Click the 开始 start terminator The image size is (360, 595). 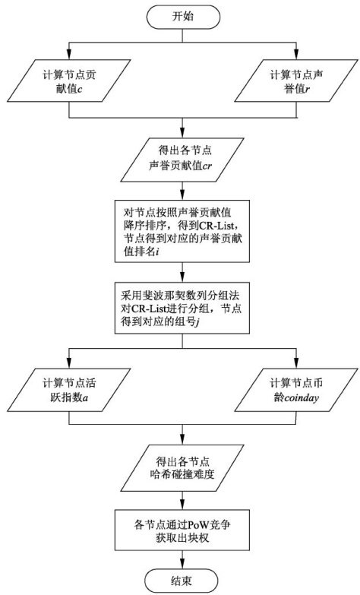[182, 17]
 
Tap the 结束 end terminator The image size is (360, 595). [182, 581]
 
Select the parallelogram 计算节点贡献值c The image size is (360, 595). [69, 81]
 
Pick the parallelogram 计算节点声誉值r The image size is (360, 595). [296, 81]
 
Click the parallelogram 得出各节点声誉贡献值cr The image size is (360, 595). [182, 160]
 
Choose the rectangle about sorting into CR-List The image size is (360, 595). [182, 231]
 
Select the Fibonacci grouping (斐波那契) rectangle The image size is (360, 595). [182, 308]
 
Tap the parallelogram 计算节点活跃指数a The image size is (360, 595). [69, 390]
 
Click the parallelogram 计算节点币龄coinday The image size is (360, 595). [296, 390]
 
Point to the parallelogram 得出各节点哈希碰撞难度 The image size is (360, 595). [182, 468]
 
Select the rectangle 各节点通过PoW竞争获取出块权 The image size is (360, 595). [182, 530]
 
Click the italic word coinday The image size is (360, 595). [302, 397]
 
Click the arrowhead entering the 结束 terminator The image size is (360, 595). [182, 565]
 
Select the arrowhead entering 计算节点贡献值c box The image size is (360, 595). [69, 55]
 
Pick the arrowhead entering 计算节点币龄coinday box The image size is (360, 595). [296, 364]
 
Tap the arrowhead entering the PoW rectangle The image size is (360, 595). [182, 506]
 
